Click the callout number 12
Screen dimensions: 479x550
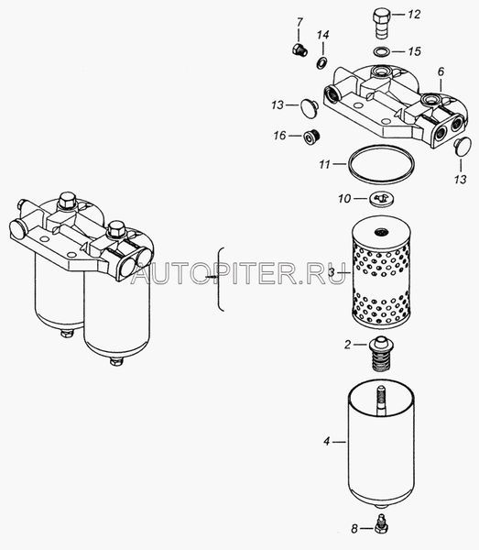point(414,15)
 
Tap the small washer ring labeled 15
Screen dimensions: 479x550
point(381,52)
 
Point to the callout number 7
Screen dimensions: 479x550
point(299,23)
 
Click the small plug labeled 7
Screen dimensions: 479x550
point(299,49)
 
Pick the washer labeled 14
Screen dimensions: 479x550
point(321,62)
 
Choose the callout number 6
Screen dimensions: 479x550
point(441,71)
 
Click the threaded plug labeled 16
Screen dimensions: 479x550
point(312,137)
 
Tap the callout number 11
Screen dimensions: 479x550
point(324,164)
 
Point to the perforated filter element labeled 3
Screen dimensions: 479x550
point(381,272)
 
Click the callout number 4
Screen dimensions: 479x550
point(327,441)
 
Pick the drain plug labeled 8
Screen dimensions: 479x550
point(381,528)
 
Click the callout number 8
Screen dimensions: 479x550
point(354,528)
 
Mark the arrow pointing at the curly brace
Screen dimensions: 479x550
point(212,277)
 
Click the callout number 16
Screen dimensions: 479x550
point(280,136)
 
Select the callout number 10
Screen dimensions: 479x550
point(344,199)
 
